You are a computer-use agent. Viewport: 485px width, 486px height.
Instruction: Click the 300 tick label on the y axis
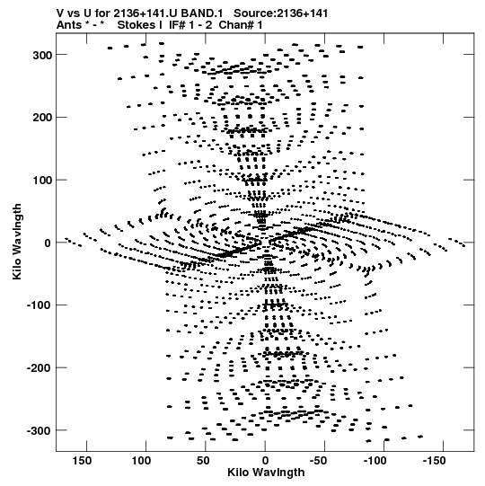click(x=42, y=56)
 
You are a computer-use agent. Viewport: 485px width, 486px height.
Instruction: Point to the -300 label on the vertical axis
click(x=39, y=431)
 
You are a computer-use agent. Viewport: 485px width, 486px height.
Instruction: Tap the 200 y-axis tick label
click(x=42, y=118)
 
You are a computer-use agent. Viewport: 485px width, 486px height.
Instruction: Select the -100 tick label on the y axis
click(x=39, y=305)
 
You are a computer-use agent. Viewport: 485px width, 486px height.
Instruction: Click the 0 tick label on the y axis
click(x=48, y=243)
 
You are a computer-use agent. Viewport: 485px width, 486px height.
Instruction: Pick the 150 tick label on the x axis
click(x=82, y=461)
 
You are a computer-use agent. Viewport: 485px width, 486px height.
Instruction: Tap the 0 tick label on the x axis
click(x=265, y=461)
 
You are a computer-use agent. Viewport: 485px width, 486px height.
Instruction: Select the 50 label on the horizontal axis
click(x=203, y=461)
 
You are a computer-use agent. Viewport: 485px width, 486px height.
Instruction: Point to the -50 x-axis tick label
click(x=318, y=461)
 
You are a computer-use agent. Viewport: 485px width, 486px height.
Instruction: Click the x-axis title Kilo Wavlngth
click(x=266, y=473)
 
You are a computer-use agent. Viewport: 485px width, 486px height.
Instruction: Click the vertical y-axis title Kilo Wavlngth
click(x=17, y=242)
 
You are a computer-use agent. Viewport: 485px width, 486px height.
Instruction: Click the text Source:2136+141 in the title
click(x=281, y=13)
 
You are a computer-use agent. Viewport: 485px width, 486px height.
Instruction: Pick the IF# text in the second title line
click(x=177, y=25)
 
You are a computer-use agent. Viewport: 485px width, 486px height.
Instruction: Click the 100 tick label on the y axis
click(x=42, y=181)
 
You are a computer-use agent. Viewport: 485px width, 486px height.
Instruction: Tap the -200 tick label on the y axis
click(x=39, y=368)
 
